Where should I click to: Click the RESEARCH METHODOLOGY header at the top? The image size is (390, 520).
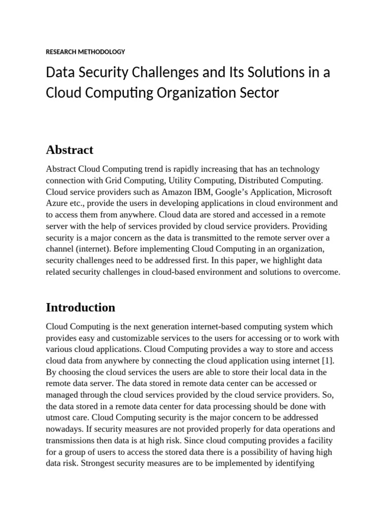pyautogui.click(x=85, y=52)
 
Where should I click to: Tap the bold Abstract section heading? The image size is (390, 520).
pyautogui.click(x=70, y=150)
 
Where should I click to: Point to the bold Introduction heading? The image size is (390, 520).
pyautogui.click(x=80, y=307)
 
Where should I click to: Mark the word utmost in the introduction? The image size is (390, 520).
pyautogui.click(x=59, y=417)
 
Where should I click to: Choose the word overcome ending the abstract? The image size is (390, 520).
pyautogui.click(x=322, y=272)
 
